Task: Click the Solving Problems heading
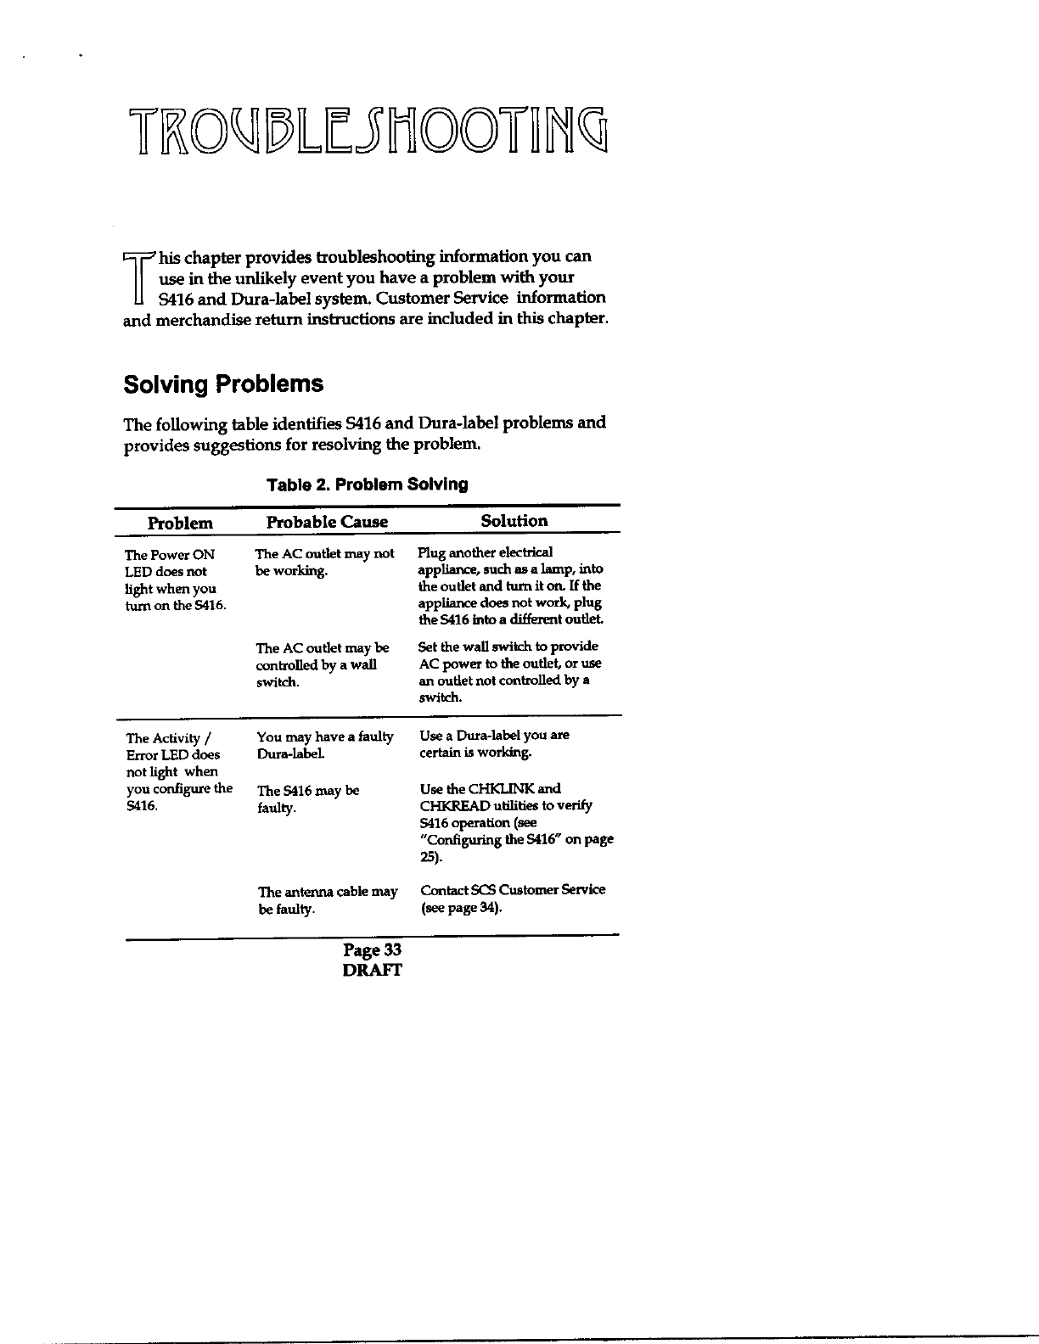coord(223,384)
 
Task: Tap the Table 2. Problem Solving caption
coord(367,484)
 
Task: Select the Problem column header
coord(180,523)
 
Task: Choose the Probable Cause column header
coord(327,522)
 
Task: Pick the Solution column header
coord(514,521)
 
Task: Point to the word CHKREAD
coord(457,806)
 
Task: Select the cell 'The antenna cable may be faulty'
coord(327,900)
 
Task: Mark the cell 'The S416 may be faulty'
coord(308,799)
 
